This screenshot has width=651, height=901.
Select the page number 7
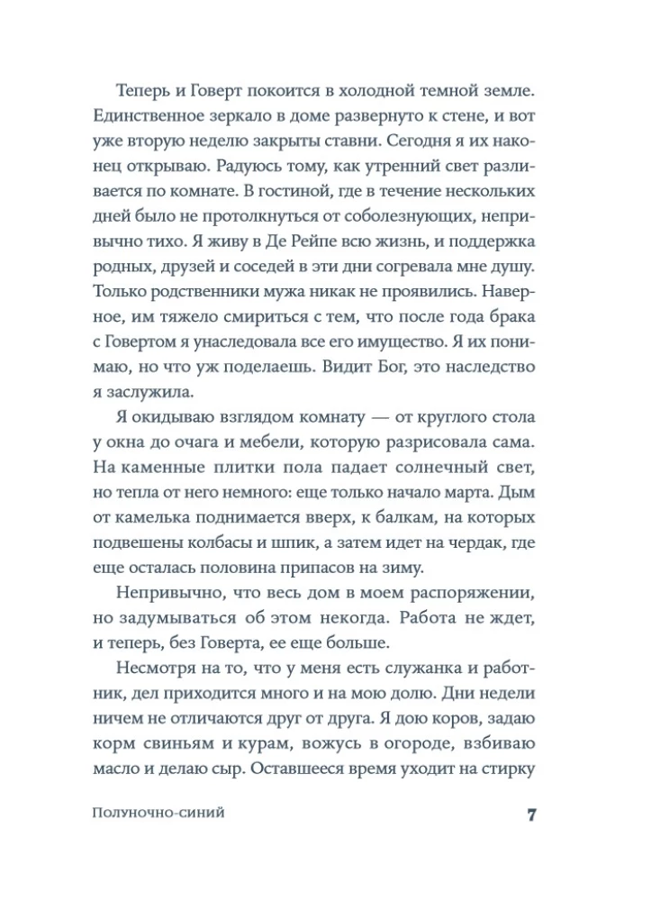pyautogui.click(x=531, y=815)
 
